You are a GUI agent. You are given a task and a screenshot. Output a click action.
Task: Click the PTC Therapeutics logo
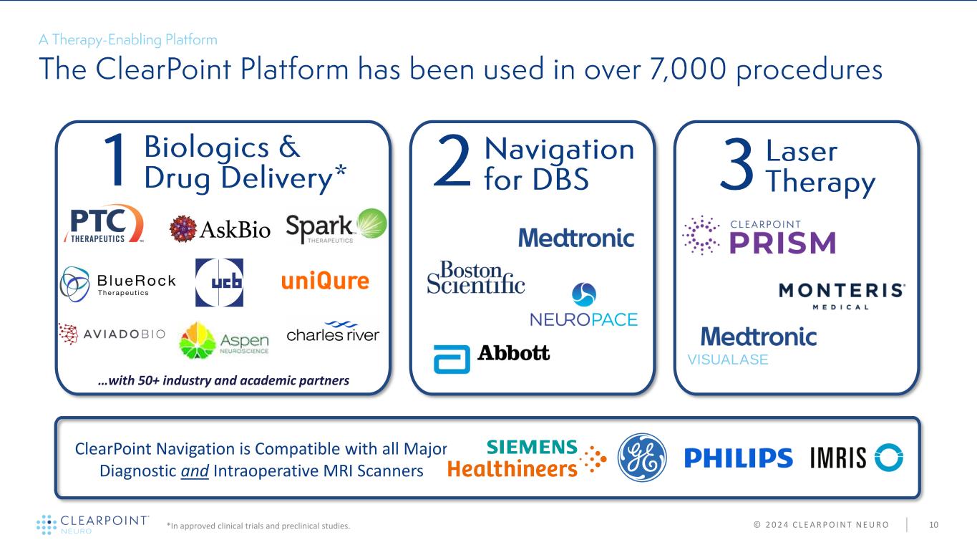[104, 224]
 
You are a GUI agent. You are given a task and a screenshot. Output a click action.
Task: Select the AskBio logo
[220, 229]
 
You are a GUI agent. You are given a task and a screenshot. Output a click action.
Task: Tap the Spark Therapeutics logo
[336, 226]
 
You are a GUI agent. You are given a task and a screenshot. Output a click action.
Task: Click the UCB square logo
[219, 282]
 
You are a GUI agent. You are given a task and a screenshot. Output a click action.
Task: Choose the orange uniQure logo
[325, 281]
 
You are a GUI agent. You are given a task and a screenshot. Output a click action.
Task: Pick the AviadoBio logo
[112, 333]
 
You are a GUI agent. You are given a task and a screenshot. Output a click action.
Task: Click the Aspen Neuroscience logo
[224, 339]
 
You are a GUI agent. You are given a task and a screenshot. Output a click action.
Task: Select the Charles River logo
[333, 333]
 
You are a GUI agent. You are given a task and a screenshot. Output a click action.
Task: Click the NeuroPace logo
[583, 306]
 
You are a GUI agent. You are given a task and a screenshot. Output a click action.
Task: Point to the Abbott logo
[492, 355]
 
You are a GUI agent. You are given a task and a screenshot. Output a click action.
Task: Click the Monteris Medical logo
[842, 296]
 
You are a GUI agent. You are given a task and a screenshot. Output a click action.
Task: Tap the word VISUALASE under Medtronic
[728, 360]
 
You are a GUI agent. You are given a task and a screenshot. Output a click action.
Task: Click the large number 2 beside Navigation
[452, 164]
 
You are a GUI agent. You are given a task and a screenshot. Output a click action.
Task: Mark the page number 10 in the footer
[933, 526]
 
